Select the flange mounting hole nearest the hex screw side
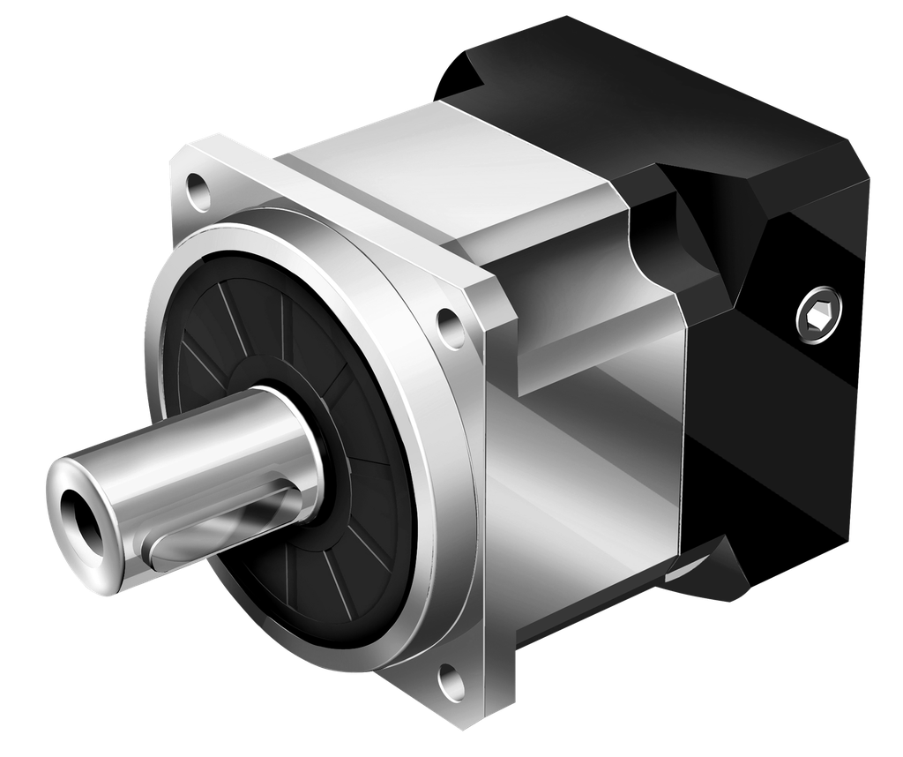(x=451, y=326)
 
